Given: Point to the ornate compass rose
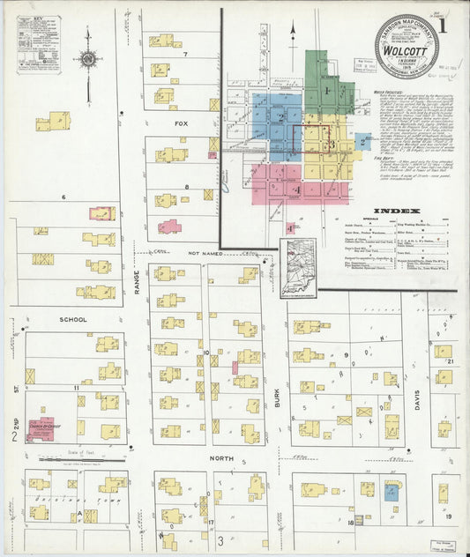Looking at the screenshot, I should (x=87, y=59).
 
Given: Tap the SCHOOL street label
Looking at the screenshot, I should (x=73, y=319).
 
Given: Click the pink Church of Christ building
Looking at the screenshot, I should (x=40, y=428).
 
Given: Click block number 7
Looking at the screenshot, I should (x=185, y=55).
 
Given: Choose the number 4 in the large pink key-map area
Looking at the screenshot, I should (x=298, y=189).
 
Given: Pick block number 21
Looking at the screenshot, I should (x=449, y=362).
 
